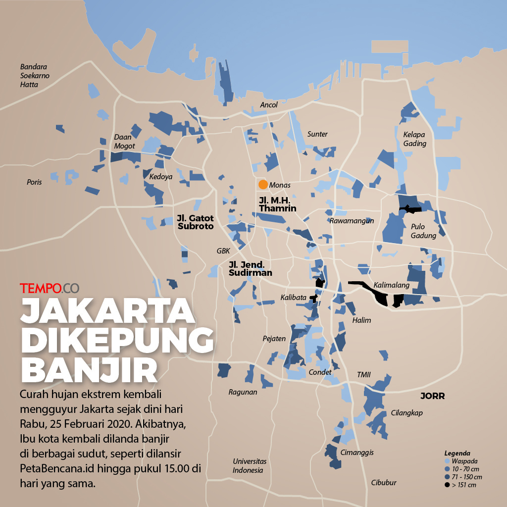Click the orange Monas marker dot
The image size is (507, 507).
263,185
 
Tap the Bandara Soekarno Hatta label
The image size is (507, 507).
36,75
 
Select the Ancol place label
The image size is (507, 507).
269,105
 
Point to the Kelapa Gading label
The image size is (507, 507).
414,139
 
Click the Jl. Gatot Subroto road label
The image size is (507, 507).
195,222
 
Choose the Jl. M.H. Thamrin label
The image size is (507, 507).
277,204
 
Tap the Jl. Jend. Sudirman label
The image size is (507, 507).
250,268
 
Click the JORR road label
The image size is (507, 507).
432,396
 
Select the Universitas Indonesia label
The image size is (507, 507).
248,465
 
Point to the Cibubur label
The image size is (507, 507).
384,482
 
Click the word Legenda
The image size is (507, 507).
457,453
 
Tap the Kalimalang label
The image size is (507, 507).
392,286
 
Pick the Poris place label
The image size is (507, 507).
34,182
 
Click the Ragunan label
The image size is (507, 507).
243,392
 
